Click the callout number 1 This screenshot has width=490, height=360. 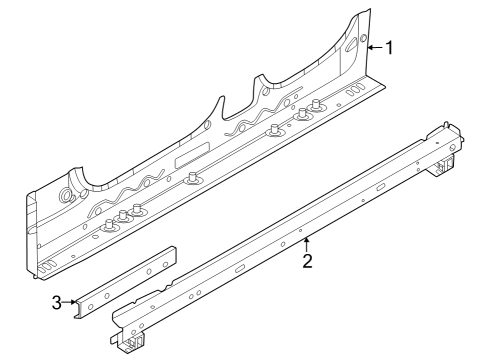point(389,47)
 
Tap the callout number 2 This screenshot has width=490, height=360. point(308,261)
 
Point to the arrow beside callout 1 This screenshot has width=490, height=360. point(373,47)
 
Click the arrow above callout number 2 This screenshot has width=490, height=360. point(307,243)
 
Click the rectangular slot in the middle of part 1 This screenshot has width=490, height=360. point(191,161)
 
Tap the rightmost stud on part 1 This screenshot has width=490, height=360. point(319,109)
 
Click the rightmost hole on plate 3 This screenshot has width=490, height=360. point(166,257)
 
